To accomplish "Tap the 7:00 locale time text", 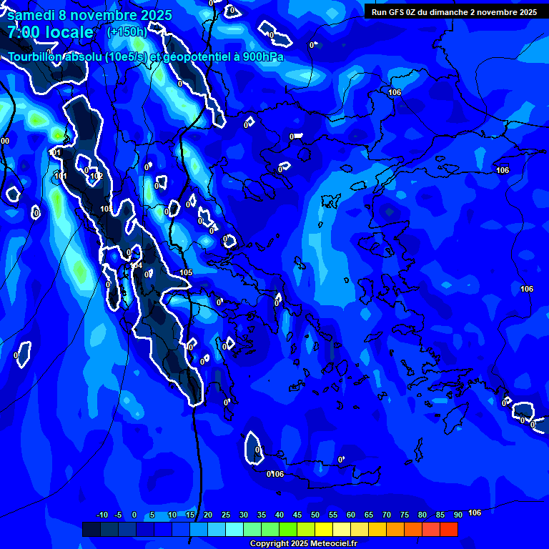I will [50, 33].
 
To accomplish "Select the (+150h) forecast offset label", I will [127, 32].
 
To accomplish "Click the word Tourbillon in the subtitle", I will [38, 57].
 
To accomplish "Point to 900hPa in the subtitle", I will [262, 57].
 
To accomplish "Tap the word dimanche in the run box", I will [448, 12].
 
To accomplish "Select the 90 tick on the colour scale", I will [457, 515].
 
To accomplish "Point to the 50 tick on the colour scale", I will [315, 515].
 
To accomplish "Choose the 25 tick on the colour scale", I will [226, 515].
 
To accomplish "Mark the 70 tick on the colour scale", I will [387, 515].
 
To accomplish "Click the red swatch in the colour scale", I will [449, 529].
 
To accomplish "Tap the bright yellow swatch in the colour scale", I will [324, 529].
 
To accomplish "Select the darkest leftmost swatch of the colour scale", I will [91, 529].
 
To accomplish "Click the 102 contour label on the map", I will [97, 177].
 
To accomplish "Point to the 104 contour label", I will [137, 265].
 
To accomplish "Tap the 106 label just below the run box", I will [395, 93].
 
